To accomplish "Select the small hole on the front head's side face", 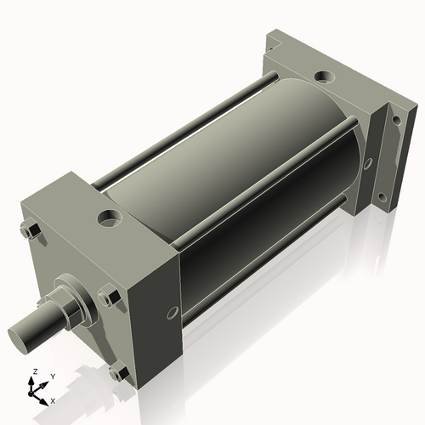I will pyautogui.click(x=173, y=312).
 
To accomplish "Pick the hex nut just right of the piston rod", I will pyautogui.click(x=108, y=297).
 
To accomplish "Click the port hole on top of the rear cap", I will pyautogui.click(x=325, y=78).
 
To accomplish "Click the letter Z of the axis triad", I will pyautogui.click(x=34, y=372).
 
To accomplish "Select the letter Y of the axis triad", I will pyautogui.click(x=52, y=376).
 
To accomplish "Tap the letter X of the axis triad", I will pyautogui.click(x=53, y=399).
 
